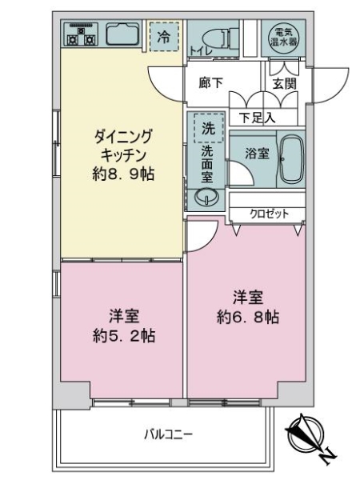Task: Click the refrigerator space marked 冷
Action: pyautogui.click(x=163, y=36)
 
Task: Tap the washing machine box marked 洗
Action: pyautogui.click(x=207, y=128)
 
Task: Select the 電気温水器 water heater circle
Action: pyautogui.click(x=284, y=35)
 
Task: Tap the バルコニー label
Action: pyautogui.click(x=168, y=434)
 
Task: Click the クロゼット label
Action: pyautogui.click(x=265, y=214)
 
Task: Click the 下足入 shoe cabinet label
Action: pyautogui.click(x=258, y=118)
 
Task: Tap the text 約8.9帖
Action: pyautogui.click(x=122, y=173)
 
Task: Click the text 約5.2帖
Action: pyautogui.click(x=122, y=336)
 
